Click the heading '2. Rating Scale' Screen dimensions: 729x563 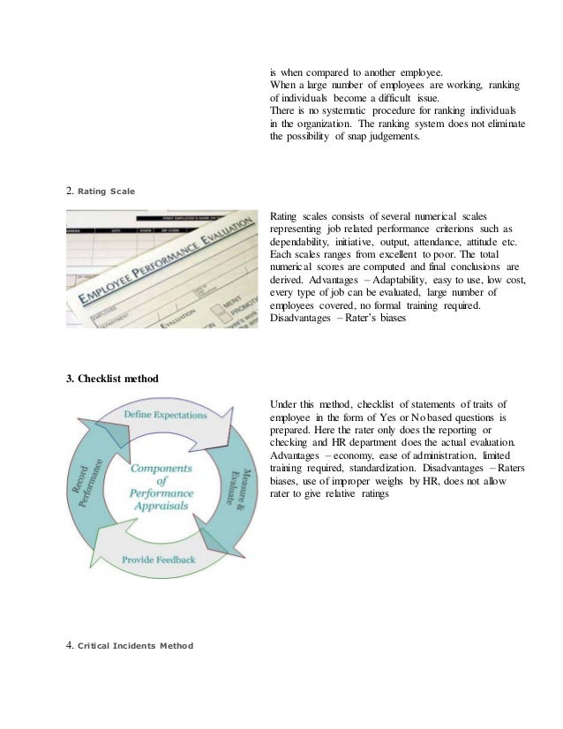click(101, 189)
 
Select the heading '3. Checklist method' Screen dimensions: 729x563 click(112, 379)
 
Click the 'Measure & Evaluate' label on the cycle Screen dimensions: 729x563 click(240, 487)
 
